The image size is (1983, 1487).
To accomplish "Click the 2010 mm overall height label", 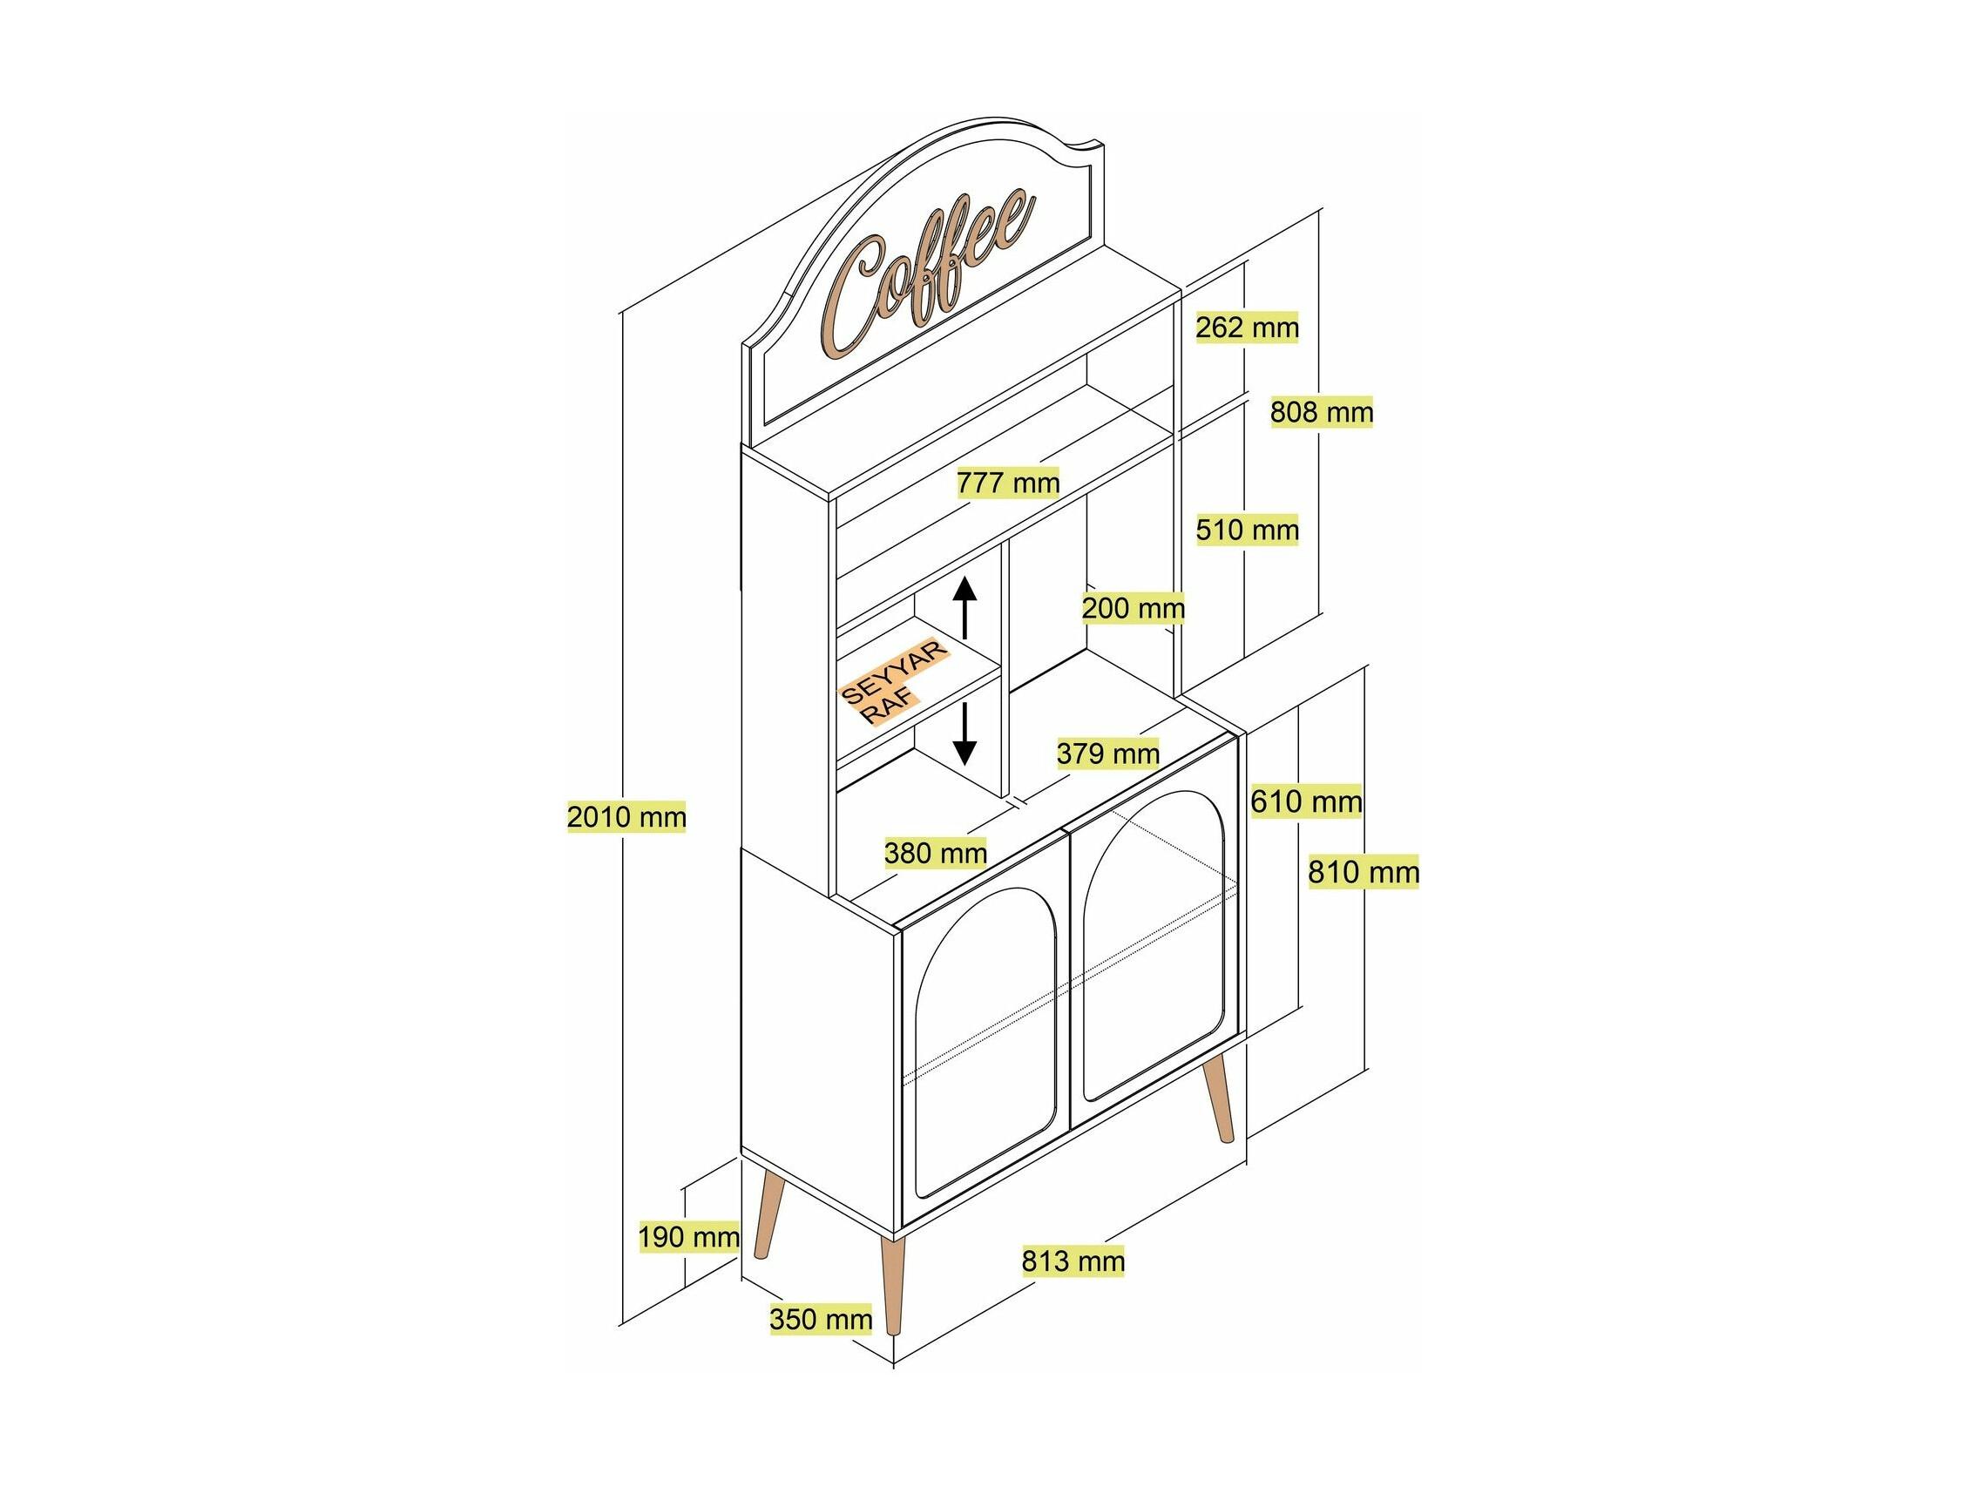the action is coord(626,816).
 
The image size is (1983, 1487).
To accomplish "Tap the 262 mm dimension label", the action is coord(1247,328).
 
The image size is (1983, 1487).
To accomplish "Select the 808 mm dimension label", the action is coord(1322,412).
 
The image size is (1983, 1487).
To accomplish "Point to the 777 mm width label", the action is coord(1009,483).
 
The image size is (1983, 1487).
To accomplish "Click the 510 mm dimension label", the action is coord(1247,530).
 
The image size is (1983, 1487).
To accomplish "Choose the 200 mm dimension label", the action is coord(1134,609).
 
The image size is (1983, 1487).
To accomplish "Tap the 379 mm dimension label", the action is coord(1108,754).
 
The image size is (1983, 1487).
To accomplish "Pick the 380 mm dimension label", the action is coord(935,853).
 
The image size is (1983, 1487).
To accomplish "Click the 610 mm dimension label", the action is coord(1306,801).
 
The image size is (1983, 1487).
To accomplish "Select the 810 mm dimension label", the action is coord(1364,871).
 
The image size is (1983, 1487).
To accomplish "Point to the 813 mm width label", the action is coord(1073,1261).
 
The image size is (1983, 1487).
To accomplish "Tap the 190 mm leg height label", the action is coord(688,1238).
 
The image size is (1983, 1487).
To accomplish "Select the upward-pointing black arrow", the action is coord(964,608).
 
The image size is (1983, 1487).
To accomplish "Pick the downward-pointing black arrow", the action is coord(964,733).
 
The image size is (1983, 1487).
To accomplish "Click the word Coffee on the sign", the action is coord(929,271).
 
